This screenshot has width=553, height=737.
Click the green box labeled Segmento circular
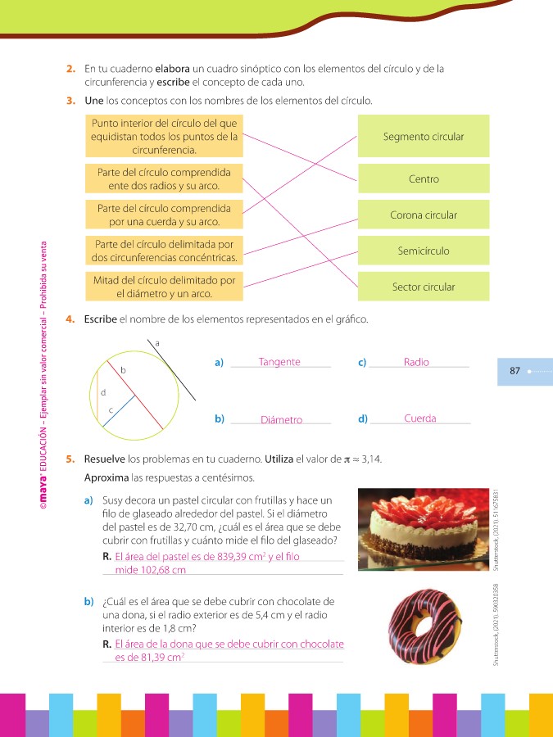[424, 137]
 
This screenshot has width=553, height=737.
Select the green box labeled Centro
[424, 179]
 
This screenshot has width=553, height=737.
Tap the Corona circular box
[424, 215]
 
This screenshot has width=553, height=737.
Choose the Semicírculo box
[424, 251]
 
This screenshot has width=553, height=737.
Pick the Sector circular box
[424, 287]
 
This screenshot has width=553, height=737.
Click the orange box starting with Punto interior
[164, 137]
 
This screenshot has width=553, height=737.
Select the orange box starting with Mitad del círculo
[164, 287]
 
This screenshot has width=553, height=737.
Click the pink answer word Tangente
[279, 362]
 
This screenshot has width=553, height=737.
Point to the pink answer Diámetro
[281, 420]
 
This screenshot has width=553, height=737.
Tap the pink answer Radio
[416, 362]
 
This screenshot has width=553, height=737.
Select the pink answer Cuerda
[419, 418]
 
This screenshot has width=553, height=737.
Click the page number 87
[515, 371]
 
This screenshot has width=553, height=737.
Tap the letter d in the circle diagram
[102, 393]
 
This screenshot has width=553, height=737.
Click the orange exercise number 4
[71, 319]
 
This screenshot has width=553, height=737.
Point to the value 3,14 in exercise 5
[372, 459]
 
